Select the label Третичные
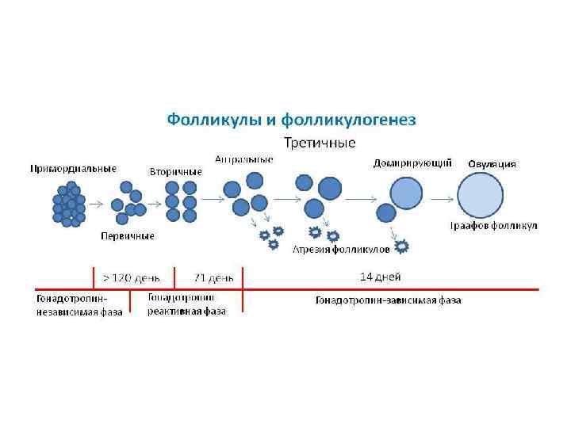(320, 143)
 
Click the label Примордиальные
(74, 168)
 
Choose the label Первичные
(127, 236)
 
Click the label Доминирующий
(412, 164)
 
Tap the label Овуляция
(492, 164)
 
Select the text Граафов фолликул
(494, 226)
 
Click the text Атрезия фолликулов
(342, 250)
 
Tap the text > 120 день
(132, 278)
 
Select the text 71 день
(214, 278)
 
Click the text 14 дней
(381, 277)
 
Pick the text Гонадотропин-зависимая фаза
(388, 300)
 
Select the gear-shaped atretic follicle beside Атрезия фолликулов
(401, 247)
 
